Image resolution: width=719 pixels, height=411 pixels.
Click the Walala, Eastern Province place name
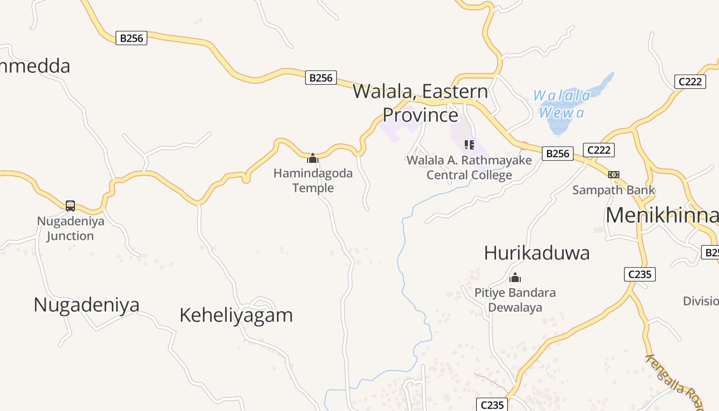click(420, 103)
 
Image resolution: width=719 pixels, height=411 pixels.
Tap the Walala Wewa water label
click(562, 104)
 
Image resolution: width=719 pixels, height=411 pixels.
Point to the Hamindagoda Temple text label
click(313, 180)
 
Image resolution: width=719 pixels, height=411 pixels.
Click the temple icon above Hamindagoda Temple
click(313, 158)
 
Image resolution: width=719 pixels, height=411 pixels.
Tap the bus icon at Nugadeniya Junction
click(70, 206)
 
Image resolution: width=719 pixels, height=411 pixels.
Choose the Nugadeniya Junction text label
click(70, 229)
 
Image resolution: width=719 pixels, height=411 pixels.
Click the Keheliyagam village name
click(236, 315)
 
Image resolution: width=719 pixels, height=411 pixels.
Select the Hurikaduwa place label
click(537, 253)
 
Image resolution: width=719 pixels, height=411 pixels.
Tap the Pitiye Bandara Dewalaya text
click(515, 300)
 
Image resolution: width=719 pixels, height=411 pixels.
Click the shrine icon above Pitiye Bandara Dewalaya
click(515, 278)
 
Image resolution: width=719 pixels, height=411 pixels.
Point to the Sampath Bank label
click(614, 190)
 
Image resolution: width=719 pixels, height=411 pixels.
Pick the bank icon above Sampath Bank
click(614, 175)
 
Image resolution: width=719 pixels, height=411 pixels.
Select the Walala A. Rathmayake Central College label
click(469, 167)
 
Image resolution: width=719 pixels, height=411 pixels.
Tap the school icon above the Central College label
click(469, 145)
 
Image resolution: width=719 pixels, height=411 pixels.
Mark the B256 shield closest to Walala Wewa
click(558, 153)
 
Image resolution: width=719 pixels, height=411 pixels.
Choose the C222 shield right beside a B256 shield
click(599, 150)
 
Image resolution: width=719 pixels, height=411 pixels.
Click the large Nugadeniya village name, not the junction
click(86, 305)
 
